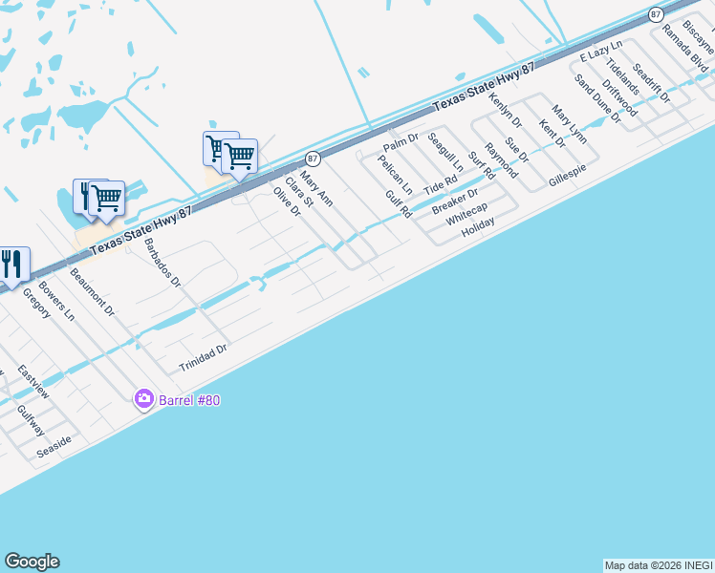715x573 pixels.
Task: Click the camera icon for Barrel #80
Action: (x=144, y=398)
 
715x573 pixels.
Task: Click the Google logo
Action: (x=32, y=562)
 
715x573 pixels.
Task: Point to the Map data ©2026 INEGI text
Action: (x=658, y=565)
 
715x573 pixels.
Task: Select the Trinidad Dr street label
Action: (x=204, y=359)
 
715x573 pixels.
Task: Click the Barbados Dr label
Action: (x=162, y=263)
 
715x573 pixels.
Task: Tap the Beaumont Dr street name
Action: (x=93, y=293)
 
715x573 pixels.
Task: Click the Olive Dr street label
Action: (x=287, y=202)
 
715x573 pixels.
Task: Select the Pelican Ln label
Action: (x=395, y=175)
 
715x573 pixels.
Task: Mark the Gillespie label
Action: (x=567, y=174)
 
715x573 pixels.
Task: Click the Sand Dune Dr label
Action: (x=597, y=99)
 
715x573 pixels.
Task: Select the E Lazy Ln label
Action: (x=600, y=52)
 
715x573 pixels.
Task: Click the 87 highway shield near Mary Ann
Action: (x=313, y=159)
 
